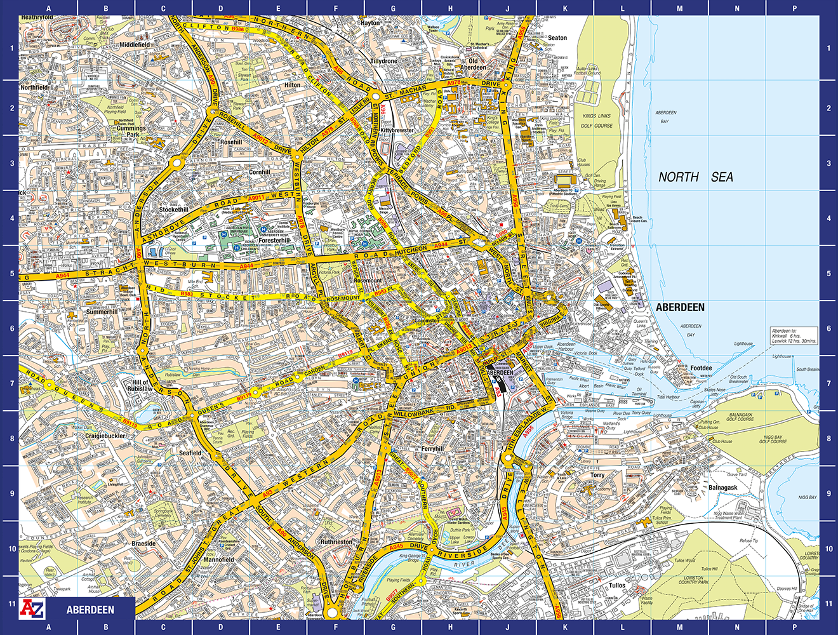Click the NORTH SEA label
(x=695, y=177)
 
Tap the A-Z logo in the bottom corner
(x=32, y=608)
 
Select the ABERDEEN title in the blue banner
(x=90, y=610)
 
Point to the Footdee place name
(x=701, y=368)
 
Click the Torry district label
(x=597, y=475)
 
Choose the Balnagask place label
(x=723, y=488)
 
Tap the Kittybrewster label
(x=397, y=130)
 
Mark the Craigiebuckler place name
(x=105, y=436)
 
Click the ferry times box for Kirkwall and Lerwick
(x=794, y=336)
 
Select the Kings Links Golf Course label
(x=596, y=121)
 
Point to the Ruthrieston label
(x=336, y=542)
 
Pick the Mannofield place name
(x=218, y=559)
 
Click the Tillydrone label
(x=383, y=62)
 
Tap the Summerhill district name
(x=102, y=312)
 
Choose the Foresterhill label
(x=274, y=241)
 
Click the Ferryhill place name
(x=432, y=449)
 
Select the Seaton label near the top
(x=557, y=38)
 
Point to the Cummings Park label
(x=131, y=131)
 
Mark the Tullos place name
(x=616, y=585)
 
